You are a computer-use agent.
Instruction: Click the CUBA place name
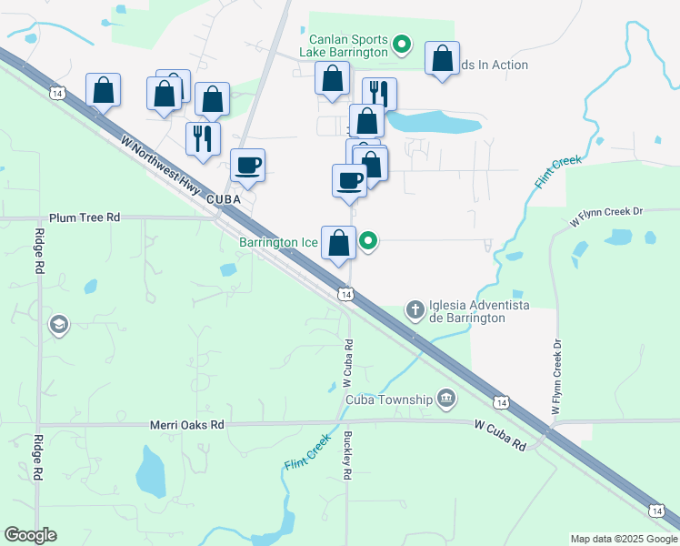222,198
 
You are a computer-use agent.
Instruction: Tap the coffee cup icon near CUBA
247,165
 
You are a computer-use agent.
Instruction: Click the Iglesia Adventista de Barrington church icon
415,310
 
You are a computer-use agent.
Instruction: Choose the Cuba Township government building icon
446,398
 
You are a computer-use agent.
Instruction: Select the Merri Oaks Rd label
186,425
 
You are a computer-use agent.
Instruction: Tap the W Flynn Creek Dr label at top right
605,217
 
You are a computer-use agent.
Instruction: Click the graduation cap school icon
59,325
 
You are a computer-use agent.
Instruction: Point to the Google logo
30,535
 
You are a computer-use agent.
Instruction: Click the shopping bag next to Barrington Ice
338,243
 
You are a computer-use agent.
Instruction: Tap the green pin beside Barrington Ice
368,241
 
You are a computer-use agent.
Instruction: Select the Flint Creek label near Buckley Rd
306,451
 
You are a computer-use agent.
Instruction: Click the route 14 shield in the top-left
57,93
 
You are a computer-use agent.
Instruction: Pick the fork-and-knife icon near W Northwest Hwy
202,138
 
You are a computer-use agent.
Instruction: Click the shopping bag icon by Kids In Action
442,58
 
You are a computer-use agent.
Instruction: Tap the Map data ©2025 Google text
623,539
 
